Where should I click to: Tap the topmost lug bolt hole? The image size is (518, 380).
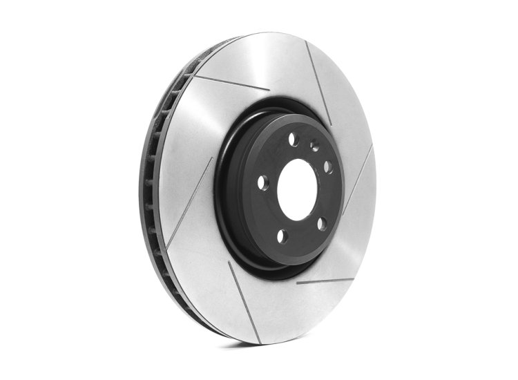(x=292, y=140)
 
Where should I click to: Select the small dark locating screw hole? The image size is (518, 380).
(x=315, y=146)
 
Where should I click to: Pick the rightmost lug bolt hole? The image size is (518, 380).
(x=328, y=167)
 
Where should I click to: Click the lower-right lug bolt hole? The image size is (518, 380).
(x=320, y=222)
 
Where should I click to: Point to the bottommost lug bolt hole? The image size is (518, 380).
(x=282, y=236)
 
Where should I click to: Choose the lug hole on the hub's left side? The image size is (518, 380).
(x=262, y=182)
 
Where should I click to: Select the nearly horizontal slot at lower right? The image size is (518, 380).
(x=325, y=281)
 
